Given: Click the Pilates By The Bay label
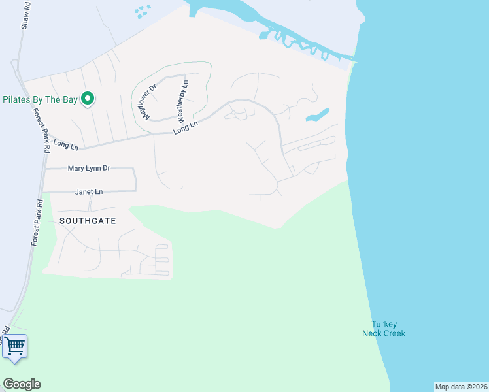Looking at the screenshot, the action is (x=40, y=100).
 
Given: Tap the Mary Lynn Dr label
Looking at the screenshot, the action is (x=89, y=169).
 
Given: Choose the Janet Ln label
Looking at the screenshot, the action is (x=89, y=192).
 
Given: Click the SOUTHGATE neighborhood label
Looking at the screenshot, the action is (x=88, y=221).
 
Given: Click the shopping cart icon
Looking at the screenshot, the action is (x=15, y=346).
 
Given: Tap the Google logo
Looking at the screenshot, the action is (x=22, y=384).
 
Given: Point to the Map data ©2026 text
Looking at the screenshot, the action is (x=461, y=387).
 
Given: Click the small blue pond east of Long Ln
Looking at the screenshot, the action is (x=316, y=116).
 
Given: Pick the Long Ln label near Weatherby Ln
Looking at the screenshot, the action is (x=185, y=127).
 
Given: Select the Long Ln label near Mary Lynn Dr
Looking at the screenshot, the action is (x=65, y=144).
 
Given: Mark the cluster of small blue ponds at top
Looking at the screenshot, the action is (x=142, y=12).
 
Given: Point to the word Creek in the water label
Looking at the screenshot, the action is (x=394, y=333).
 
